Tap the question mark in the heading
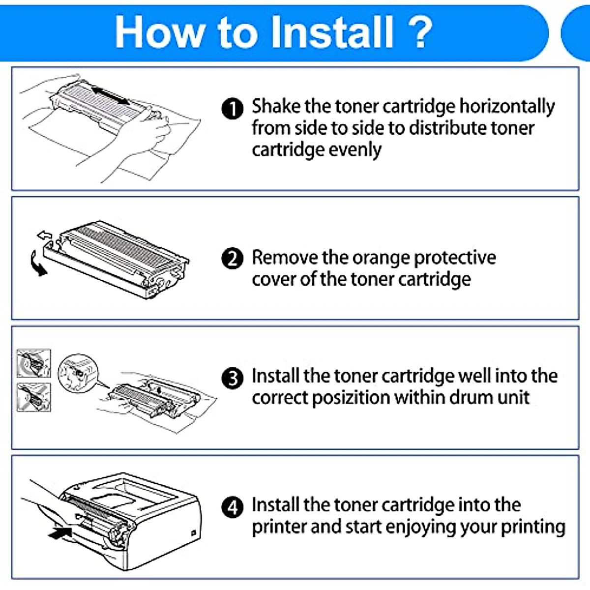point(420,32)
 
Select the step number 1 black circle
point(233,109)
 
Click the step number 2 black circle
point(233,259)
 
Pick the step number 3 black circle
point(233,379)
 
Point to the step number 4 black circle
point(233,507)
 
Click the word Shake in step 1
point(276,106)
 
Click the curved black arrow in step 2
point(37,263)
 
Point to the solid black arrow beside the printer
point(60,532)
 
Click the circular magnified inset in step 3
point(78,372)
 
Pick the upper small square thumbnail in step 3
point(33,363)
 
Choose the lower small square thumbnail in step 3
point(33,397)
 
